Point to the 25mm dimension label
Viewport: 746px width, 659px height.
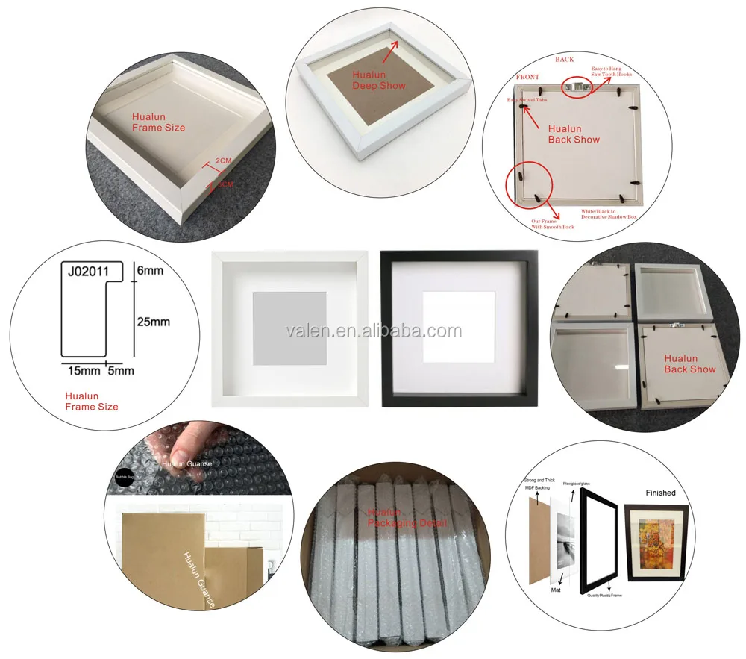154,322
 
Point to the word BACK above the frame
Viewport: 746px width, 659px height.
564,58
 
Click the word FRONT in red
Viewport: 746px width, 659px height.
527,77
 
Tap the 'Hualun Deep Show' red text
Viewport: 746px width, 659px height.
379,81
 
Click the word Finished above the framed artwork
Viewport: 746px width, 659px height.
660,493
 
